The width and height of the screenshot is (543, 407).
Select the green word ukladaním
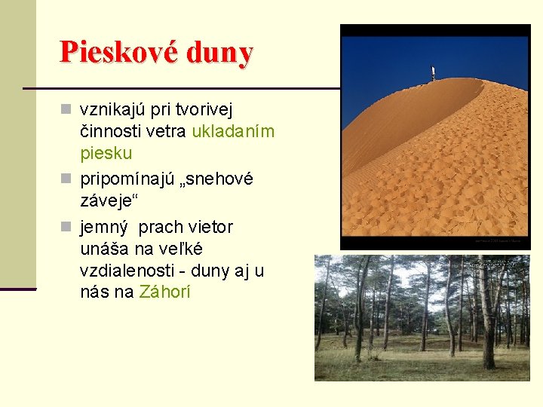233,132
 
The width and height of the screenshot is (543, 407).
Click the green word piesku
106,153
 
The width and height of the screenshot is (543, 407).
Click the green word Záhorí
164,292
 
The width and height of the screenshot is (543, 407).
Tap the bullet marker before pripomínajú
66,179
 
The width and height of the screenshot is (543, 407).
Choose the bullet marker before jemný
66,227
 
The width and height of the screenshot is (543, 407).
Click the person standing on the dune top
433,72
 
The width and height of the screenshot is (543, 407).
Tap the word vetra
167,132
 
